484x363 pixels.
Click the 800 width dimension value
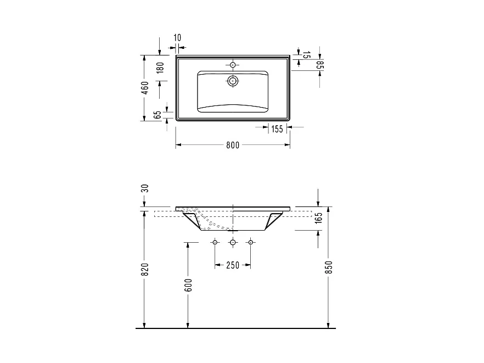[x=233, y=146]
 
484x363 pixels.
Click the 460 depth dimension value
[x=145, y=88]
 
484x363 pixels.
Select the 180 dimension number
[x=160, y=68]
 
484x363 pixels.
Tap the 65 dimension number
[x=158, y=115]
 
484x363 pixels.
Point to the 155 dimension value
[x=277, y=129]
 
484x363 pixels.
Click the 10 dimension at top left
[x=177, y=37]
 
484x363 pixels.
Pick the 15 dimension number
[x=307, y=54]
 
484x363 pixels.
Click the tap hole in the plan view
[x=233, y=65]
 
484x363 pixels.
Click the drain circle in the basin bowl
[x=233, y=81]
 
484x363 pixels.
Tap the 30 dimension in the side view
[x=145, y=188]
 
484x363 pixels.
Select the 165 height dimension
[x=318, y=218]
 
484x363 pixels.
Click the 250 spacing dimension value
[x=233, y=265]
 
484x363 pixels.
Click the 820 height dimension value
[x=145, y=269]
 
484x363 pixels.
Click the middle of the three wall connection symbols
[x=233, y=242]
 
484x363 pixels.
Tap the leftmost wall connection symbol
[x=215, y=242]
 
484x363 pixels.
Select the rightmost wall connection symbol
[x=250, y=242]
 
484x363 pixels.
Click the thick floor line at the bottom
[x=236, y=328]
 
